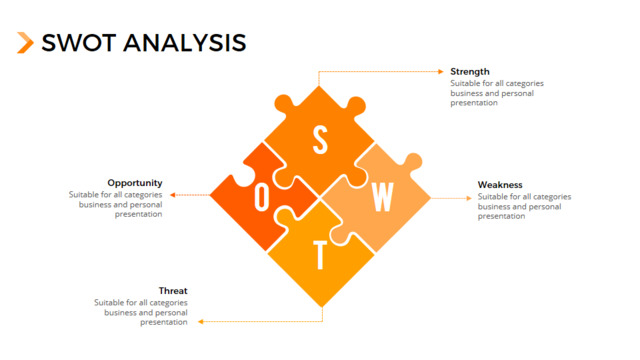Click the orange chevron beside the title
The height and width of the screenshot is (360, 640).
pyautogui.click(x=25, y=42)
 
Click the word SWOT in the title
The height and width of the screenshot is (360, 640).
pyautogui.click(x=79, y=43)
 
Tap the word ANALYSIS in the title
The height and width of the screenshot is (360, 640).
pyautogui.click(x=184, y=43)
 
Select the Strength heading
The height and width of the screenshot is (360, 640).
pyautogui.click(x=470, y=71)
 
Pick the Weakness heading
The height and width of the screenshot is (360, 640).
pyautogui.click(x=500, y=184)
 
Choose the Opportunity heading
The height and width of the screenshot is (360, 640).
pyautogui.click(x=135, y=183)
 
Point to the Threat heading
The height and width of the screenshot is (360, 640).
pyautogui.click(x=173, y=291)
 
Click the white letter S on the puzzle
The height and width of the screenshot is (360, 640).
pyautogui.click(x=320, y=140)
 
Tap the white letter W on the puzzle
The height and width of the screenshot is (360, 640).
pyautogui.click(x=382, y=197)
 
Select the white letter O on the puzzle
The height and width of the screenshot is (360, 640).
pyautogui.click(x=262, y=197)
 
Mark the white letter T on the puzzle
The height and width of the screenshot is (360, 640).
pyautogui.click(x=320, y=255)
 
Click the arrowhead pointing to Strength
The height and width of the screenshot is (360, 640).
pyautogui.click(x=441, y=71)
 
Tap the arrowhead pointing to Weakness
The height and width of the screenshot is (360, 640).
pyautogui.click(x=469, y=198)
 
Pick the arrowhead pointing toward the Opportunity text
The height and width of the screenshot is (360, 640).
pyautogui.click(x=173, y=195)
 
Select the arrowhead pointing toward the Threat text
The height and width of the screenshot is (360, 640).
pyautogui.click(x=201, y=322)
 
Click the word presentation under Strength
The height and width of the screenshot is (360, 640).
pyautogui.click(x=474, y=103)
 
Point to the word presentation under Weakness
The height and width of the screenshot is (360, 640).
pyautogui.click(x=501, y=216)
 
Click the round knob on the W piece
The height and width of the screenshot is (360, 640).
pyautogui.click(x=413, y=162)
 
